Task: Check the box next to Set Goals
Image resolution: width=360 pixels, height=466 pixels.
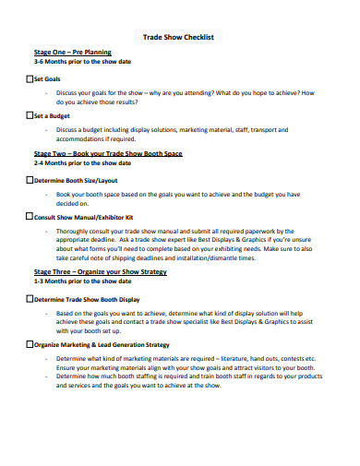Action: coord(30,80)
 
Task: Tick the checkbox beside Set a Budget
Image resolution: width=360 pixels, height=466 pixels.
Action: coord(30,116)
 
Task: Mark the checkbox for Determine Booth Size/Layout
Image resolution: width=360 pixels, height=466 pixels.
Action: coord(30,181)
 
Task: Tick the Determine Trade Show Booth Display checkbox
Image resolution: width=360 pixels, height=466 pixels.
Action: coord(30,300)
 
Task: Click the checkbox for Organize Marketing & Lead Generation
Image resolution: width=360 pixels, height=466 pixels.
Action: coord(30,344)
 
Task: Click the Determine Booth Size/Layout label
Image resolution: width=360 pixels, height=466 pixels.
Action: coord(76,181)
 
